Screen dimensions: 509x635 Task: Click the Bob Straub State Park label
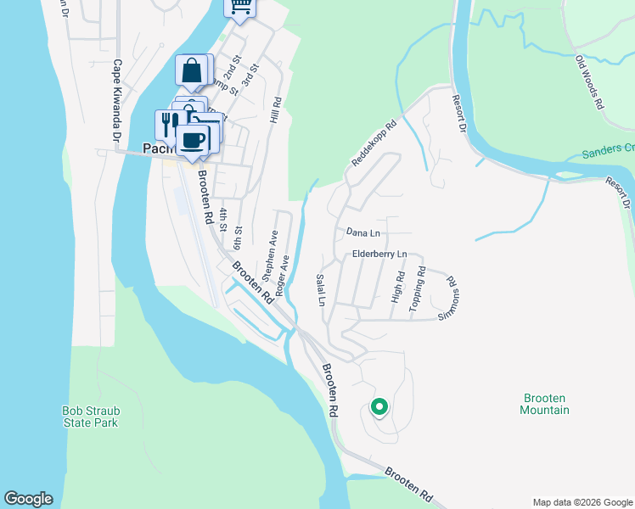[x=91, y=417]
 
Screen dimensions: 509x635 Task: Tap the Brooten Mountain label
[x=544, y=404]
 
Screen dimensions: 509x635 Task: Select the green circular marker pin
[x=379, y=407]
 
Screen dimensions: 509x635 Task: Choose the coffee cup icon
[x=194, y=139]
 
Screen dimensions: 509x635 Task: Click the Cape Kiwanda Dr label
[x=117, y=101]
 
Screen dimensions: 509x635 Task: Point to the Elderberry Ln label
[x=380, y=255]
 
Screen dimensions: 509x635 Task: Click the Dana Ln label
[x=362, y=232]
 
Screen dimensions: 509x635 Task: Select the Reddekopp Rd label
[x=373, y=144]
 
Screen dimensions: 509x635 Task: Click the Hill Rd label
[x=275, y=107]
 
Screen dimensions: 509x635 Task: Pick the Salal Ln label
[x=321, y=289]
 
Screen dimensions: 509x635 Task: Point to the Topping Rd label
[x=417, y=289]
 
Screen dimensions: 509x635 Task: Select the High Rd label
[x=396, y=288]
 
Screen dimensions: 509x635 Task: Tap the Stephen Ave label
[x=270, y=255]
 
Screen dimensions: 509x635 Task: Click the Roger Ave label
[x=282, y=275]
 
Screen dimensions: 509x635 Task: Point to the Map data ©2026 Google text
[x=582, y=502]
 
